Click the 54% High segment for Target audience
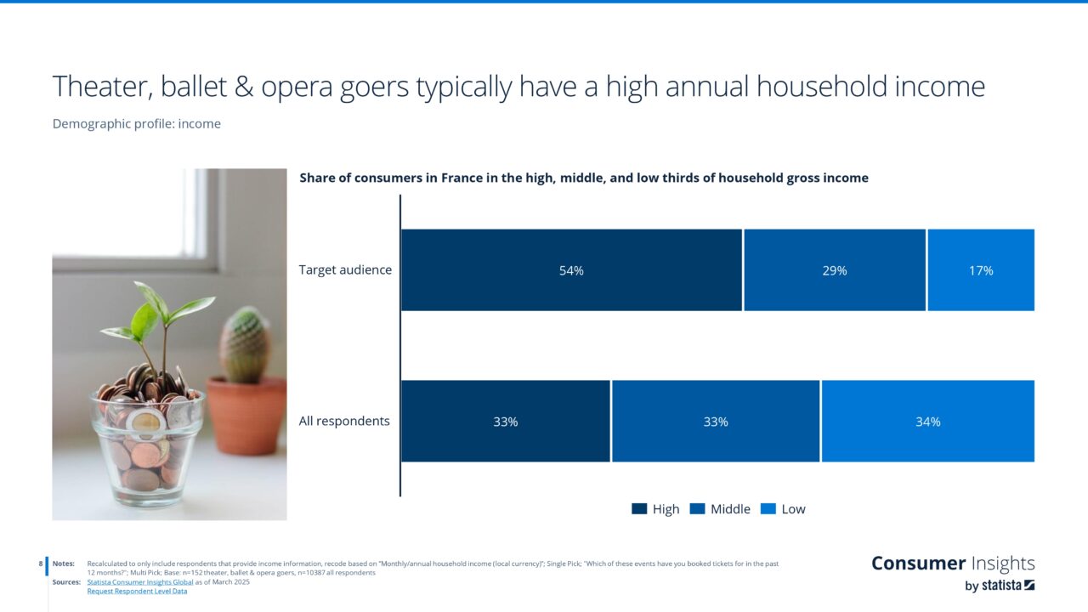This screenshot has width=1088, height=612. pyautogui.click(x=571, y=270)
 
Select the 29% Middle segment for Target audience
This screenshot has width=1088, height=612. pyautogui.click(x=835, y=270)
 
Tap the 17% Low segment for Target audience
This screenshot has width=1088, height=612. pyautogui.click(x=981, y=270)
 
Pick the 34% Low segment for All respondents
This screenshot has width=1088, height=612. pyautogui.click(x=927, y=422)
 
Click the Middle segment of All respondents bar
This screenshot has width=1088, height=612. pyautogui.click(x=716, y=422)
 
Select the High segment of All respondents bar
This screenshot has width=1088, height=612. pyautogui.click(x=506, y=422)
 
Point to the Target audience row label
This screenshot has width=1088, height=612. pyautogui.click(x=345, y=270)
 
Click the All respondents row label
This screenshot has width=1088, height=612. pyautogui.click(x=344, y=421)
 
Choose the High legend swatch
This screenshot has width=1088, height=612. pyautogui.click(x=639, y=509)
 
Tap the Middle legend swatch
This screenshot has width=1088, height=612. pyautogui.click(x=698, y=509)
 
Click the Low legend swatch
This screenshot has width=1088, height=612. pyautogui.click(x=768, y=509)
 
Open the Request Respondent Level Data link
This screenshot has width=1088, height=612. pyautogui.click(x=137, y=591)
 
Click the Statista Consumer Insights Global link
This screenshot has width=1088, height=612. pyautogui.click(x=140, y=581)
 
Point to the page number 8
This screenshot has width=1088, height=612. pyautogui.click(x=41, y=564)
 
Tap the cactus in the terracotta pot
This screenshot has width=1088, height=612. pyautogui.click(x=245, y=348)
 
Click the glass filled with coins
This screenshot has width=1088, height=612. pyautogui.click(x=147, y=446)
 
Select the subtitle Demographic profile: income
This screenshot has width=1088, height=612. pyautogui.click(x=137, y=124)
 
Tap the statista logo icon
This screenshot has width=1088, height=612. pyautogui.click(x=1029, y=585)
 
